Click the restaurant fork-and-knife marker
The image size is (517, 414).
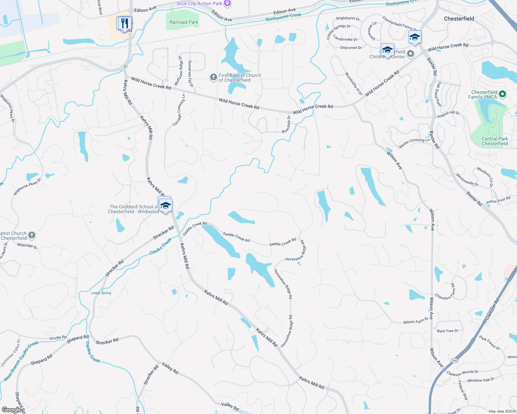124,23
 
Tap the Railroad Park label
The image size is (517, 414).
184,22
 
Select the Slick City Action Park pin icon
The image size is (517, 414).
227,3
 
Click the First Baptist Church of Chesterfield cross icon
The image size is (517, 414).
214,77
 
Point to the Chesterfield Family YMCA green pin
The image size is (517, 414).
502,94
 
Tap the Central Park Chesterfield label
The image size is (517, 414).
495,141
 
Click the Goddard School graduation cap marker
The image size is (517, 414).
166,205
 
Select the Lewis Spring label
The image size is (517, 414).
101,293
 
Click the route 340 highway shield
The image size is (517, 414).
454,361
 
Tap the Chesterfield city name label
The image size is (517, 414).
459,19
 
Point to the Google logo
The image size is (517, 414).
11,410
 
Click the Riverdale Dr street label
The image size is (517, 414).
287,125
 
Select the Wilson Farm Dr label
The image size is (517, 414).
416,322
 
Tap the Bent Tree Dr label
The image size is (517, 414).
448,331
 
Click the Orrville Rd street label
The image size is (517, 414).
58,338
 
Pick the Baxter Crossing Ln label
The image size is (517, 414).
414,143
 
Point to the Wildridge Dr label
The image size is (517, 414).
27,246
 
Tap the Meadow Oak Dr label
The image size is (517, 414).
481,380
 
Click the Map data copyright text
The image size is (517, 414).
501,411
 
